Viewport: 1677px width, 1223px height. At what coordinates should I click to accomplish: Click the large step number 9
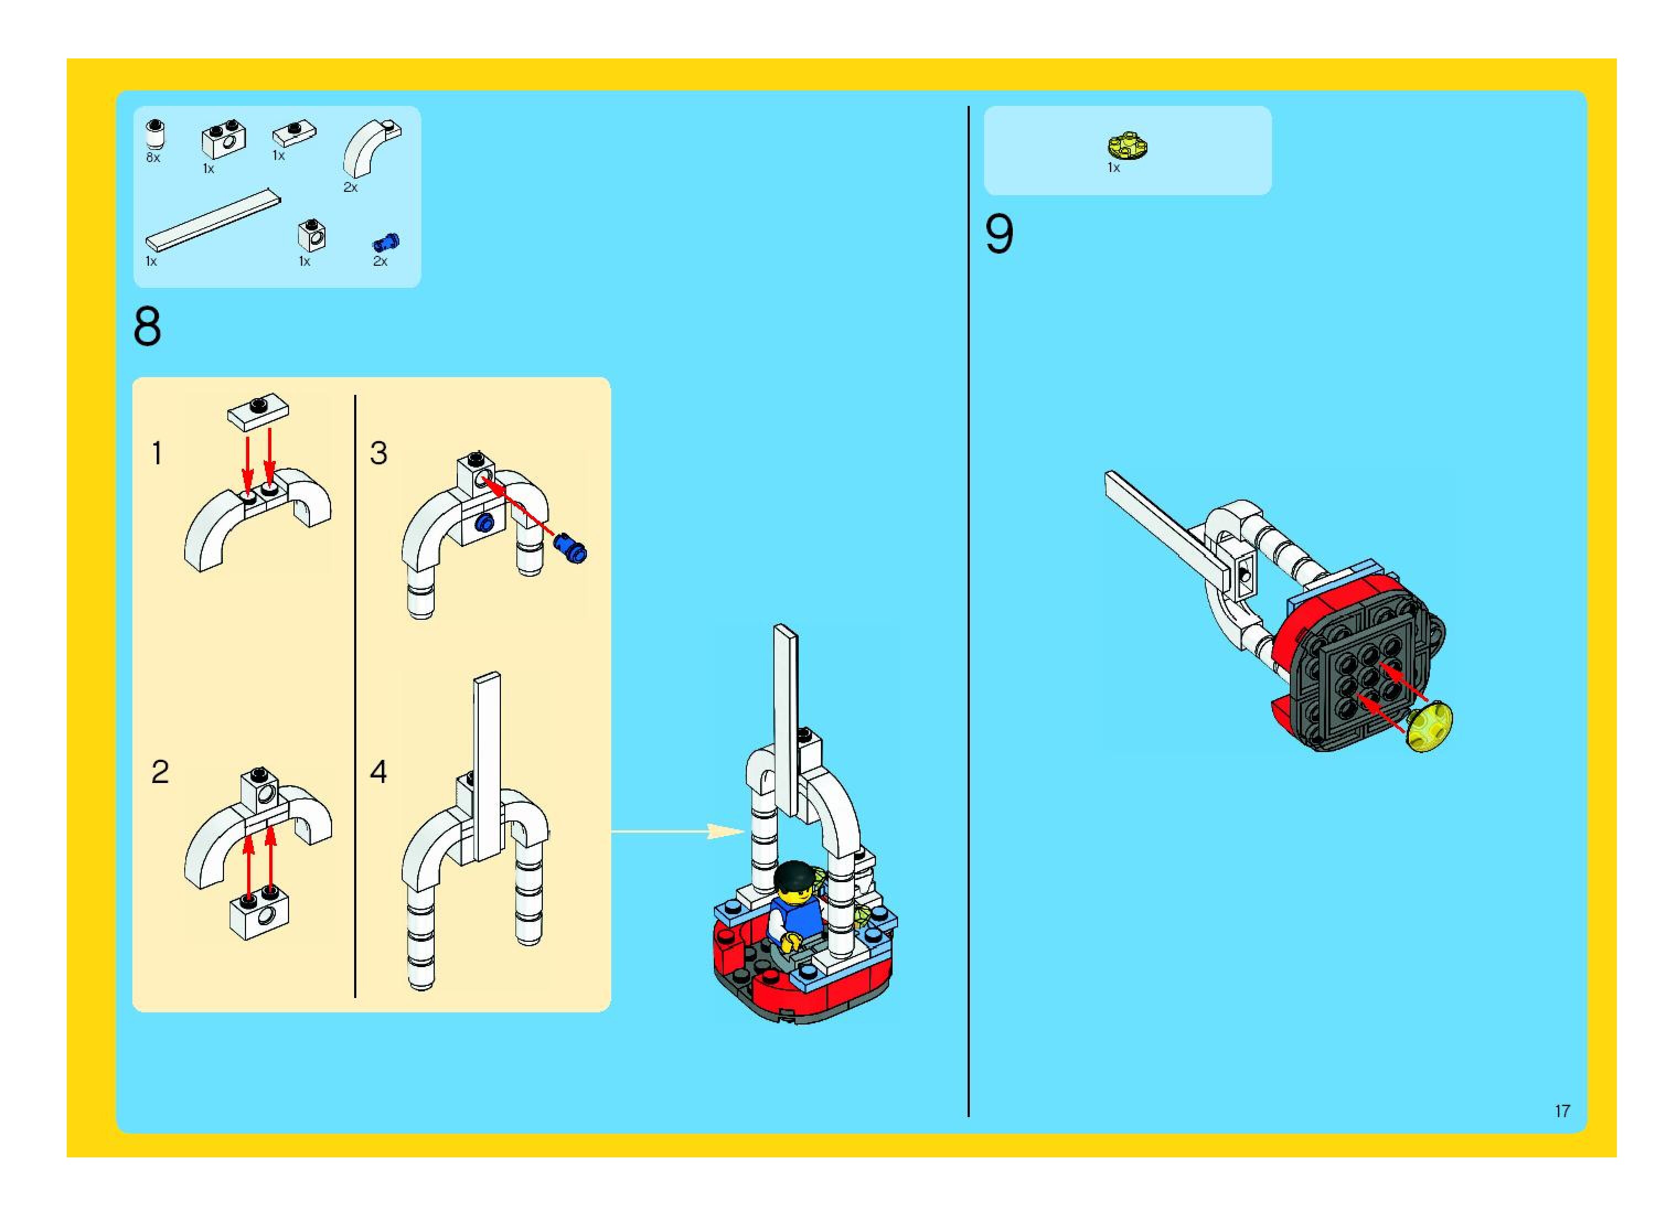[998, 235]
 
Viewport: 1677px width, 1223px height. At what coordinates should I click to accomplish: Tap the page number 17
[1562, 1111]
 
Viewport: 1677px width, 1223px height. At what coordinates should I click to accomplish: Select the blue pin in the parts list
[386, 242]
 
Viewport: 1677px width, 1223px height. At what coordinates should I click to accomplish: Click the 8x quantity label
[153, 158]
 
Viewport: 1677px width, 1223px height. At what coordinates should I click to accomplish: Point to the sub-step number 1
[157, 453]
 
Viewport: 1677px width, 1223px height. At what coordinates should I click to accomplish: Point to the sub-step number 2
[160, 772]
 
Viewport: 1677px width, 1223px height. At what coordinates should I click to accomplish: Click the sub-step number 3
[378, 453]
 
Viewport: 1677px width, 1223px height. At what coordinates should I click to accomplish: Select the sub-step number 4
[378, 772]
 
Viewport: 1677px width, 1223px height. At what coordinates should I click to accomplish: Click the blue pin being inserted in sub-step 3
[570, 549]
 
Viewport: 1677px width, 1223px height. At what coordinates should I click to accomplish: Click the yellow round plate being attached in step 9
[1430, 728]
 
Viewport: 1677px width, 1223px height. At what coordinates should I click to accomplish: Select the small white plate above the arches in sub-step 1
[258, 411]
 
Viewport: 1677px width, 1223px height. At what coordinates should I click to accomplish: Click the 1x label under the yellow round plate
[1113, 168]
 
